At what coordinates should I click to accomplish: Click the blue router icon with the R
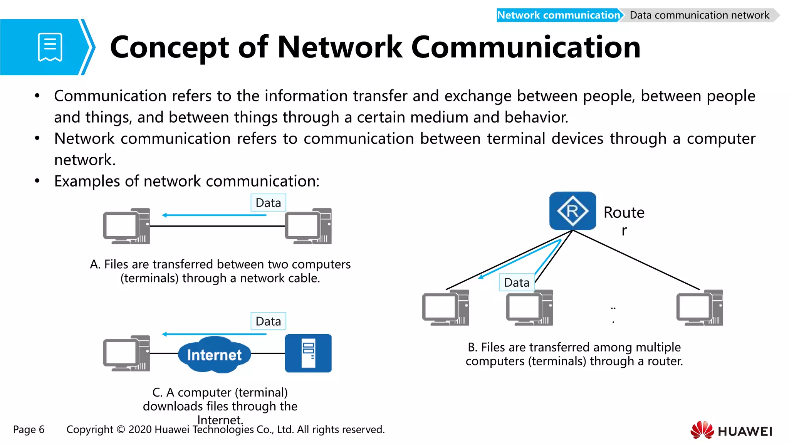[x=572, y=211]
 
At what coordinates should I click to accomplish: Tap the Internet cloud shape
[x=214, y=355]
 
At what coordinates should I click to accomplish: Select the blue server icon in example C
[x=308, y=353]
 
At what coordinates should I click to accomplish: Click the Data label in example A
[x=268, y=203]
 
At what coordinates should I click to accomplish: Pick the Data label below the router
[x=517, y=283]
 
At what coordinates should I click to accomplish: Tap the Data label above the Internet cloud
[x=268, y=321]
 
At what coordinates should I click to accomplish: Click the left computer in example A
[x=126, y=226]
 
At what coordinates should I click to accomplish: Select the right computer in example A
[x=308, y=226]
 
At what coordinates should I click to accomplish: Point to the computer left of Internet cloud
[x=126, y=353]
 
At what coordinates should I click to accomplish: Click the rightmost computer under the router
[x=700, y=308]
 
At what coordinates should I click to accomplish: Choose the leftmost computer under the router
[x=446, y=308]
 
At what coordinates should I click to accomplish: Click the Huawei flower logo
[x=702, y=430]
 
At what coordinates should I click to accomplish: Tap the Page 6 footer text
[x=29, y=429]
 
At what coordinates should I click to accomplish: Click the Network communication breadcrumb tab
[x=558, y=15]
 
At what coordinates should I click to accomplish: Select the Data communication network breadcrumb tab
[x=699, y=15]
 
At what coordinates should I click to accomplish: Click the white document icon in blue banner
[x=50, y=47]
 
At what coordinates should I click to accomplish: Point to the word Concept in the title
[x=170, y=47]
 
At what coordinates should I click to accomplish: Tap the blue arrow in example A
[x=214, y=215]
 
